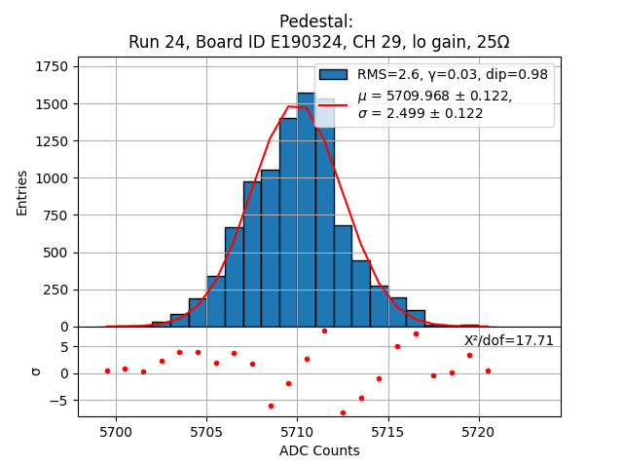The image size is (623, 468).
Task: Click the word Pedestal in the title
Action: coord(316,21)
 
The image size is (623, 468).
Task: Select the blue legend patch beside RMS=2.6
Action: coord(333,75)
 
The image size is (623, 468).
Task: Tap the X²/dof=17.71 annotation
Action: coord(509,340)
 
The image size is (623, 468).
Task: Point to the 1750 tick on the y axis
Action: coord(55,66)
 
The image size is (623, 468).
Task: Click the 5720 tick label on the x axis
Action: coord(479,432)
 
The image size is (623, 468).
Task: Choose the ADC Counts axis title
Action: coord(319,450)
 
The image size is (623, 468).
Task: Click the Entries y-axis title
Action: coord(22,192)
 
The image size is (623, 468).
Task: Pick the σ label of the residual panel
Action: coord(36,371)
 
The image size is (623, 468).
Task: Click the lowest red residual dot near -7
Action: coord(343,412)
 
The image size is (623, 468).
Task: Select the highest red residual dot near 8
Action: coord(324,331)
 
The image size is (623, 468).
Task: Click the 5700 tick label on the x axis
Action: coord(116,432)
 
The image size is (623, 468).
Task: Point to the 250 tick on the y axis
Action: coord(58,290)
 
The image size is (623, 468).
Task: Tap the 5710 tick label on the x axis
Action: coord(297,432)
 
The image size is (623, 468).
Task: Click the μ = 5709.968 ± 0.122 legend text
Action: coord(434,96)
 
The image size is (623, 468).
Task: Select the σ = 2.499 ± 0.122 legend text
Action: coord(421,113)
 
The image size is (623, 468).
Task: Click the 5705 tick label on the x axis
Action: coord(206,432)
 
